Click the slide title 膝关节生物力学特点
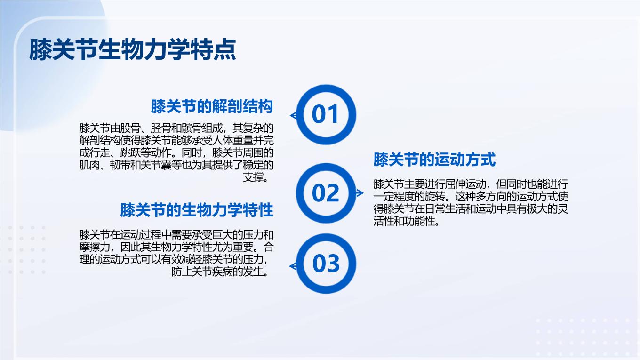tap(133, 50)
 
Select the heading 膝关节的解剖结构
tap(212, 106)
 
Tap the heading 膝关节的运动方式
tap(434, 160)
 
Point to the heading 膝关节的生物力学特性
tap(197, 210)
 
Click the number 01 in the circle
tap(326, 114)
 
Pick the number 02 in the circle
tap(326, 193)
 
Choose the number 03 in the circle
tap(326, 264)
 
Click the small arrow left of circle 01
tap(293, 115)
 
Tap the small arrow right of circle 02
tap(360, 193)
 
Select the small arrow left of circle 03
tap(293, 266)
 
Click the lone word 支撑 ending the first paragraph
tap(253, 177)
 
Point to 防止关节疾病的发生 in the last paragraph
tap(217, 272)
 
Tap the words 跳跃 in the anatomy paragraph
tap(130, 153)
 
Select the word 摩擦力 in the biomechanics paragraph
tap(95, 247)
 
